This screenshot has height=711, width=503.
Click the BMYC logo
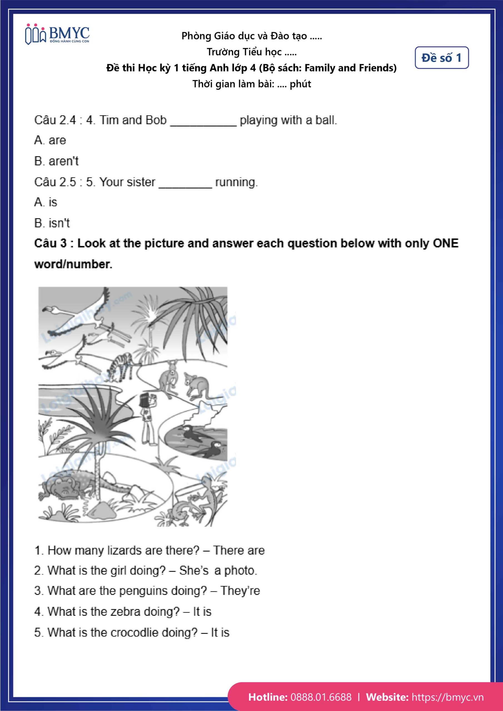(57, 35)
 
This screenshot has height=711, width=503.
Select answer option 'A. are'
(50, 140)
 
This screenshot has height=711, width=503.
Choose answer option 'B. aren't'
(56, 161)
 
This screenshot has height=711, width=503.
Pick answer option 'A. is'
(46, 202)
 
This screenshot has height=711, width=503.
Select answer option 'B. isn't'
(52, 223)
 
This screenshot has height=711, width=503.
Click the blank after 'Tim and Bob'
(203, 121)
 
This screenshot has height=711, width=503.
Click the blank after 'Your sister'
(185, 183)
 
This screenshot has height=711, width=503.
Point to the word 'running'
(236, 182)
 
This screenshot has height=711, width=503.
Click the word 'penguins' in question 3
(162, 591)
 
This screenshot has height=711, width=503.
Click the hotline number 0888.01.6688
(321, 697)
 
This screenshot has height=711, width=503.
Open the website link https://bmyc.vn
(447, 697)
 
